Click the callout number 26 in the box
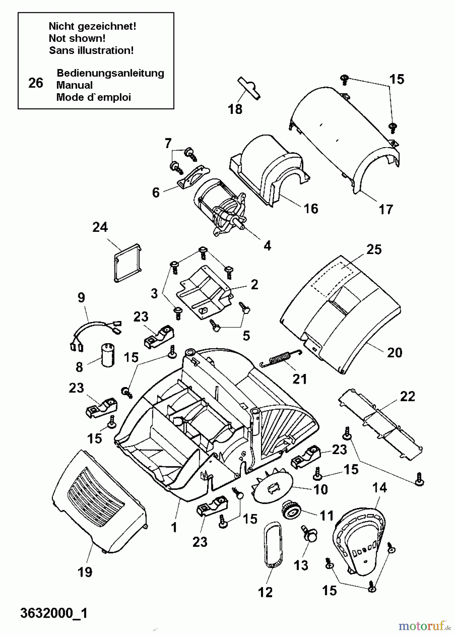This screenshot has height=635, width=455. tap(36, 83)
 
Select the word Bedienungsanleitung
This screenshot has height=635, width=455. tap(110, 73)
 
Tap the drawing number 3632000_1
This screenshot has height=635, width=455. tap(54, 613)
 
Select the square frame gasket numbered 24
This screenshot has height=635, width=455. tap(127, 262)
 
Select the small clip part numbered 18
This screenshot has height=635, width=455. tap(249, 88)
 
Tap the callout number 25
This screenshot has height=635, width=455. tap(374, 250)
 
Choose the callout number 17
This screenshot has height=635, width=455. tap(386, 210)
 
